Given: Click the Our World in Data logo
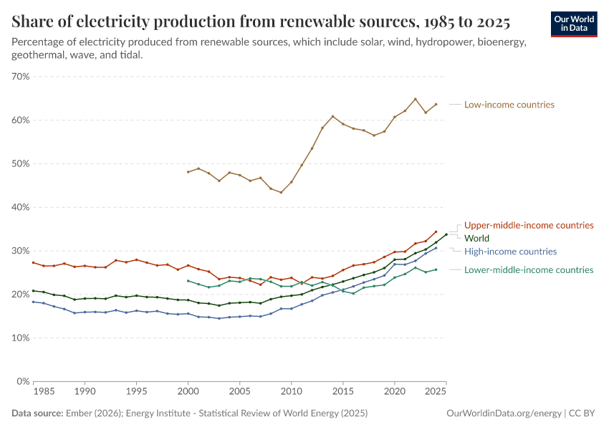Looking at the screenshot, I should coord(573,24).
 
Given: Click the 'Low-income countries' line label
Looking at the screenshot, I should coord(509,105).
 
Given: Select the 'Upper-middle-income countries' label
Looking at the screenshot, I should coord(529,225).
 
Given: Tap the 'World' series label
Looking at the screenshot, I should coord(477,238).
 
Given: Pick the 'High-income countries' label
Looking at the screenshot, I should coord(510,252).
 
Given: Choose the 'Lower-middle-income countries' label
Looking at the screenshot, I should coord(529,270).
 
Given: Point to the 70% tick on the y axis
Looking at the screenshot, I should coord(20,77).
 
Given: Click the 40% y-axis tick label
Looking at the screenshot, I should coord(20,207).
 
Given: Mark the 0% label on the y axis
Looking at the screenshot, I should coord(22,381).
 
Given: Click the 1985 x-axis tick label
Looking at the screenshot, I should coord(44,393).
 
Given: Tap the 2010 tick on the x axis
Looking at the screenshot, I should coord(291,393).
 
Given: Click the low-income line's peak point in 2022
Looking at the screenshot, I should coord(415,99).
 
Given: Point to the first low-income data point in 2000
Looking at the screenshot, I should coord(188,172).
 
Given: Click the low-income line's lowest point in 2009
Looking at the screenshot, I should coord(281,192).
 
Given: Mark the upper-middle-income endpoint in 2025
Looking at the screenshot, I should coord(436,231).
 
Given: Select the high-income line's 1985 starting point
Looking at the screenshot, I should coord(33,302).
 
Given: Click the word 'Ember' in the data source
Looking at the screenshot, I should coord(77,414).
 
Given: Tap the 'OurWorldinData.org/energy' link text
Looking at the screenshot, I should coord(503,414).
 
